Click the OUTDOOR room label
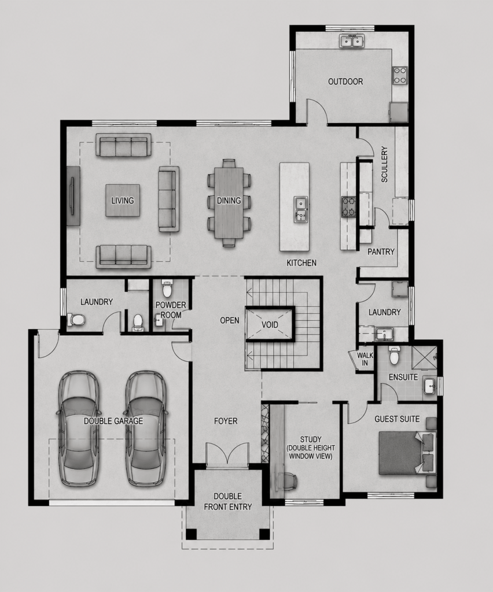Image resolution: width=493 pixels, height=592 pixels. tap(345, 82)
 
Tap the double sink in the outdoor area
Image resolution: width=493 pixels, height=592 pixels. tap(352, 41)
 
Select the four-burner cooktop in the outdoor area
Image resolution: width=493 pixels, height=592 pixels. tap(400, 75)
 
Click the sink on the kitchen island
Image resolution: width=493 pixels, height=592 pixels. tap(301, 209)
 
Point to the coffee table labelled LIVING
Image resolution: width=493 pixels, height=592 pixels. tap(123, 201)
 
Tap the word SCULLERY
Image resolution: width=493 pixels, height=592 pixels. tap(384, 165)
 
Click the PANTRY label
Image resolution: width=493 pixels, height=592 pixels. tap(381, 252)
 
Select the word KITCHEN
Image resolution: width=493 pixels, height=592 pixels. tap(301, 263)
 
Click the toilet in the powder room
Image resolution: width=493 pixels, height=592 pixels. tap(166, 289)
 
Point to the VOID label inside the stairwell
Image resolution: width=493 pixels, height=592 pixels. tap(270, 325)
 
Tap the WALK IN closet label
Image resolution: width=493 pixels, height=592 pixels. tap(365, 359)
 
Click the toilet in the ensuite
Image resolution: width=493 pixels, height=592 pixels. tap(394, 356)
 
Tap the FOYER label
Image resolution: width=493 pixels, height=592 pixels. tap(226, 421)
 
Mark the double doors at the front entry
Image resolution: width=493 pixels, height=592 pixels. tap(227, 453)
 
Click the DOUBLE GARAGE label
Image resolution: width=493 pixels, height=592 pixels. tap(113, 421)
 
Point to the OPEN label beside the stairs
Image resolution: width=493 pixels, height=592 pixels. tap(230, 320)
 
